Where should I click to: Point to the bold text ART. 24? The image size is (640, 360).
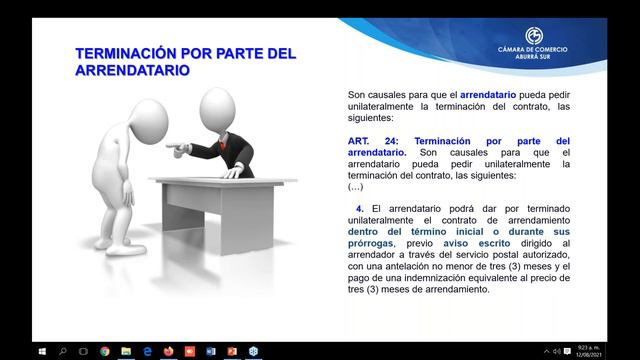pos(366,141)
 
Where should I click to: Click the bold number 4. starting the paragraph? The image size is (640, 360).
pos(351,207)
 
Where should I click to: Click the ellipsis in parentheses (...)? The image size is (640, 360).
pos(355,187)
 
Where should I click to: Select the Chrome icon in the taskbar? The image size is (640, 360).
pos(105,351)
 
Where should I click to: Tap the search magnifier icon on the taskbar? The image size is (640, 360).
pos(62,351)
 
